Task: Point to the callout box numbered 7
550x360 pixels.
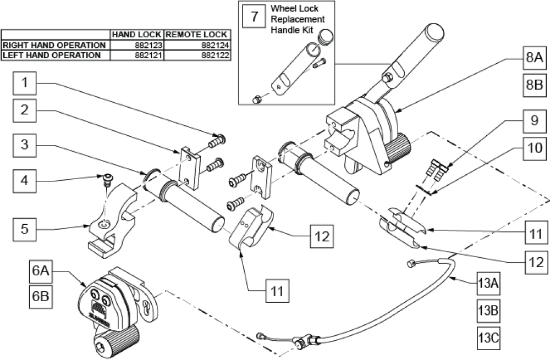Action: [x=254, y=16]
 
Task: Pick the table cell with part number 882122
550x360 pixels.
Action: [x=197, y=56]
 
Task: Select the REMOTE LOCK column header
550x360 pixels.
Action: [x=197, y=35]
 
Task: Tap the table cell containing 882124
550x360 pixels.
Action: [x=197, y=45]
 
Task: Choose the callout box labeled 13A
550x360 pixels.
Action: [x=487, y=285]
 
